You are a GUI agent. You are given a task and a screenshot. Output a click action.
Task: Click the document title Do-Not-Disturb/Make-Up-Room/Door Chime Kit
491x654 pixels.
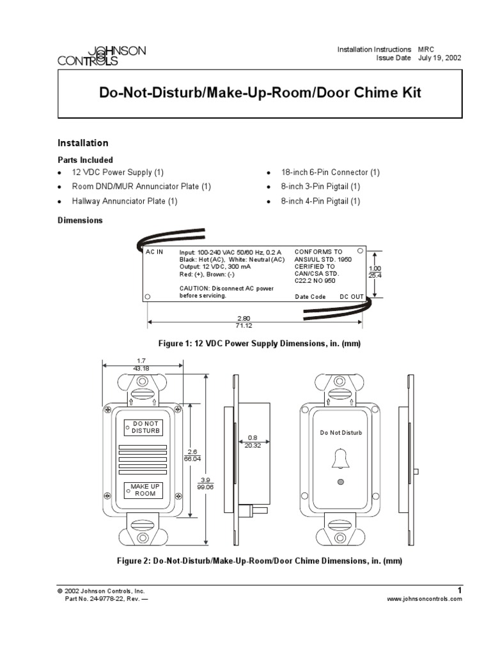[260, 93]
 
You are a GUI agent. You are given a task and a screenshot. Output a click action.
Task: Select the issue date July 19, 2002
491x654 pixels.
[440, 57]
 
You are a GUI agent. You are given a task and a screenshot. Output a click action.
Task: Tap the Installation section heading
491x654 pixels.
[83, 143]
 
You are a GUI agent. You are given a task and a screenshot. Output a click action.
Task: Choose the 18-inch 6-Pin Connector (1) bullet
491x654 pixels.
[331, 172]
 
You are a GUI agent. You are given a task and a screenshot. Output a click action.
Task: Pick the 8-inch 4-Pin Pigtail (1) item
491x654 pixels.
[321, 201]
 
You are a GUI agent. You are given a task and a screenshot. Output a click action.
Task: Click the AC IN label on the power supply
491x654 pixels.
[155, 252]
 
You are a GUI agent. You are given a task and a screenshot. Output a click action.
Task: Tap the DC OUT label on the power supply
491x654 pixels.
[352, 297]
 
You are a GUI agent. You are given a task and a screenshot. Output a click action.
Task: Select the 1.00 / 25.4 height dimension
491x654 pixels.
[375, 272]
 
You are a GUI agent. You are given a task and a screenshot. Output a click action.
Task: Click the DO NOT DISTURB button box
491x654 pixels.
[144, 427]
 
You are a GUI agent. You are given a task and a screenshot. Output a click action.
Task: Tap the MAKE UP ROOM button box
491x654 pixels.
[144, 490]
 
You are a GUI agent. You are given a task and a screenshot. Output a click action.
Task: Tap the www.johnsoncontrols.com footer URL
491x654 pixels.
[425, 599]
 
